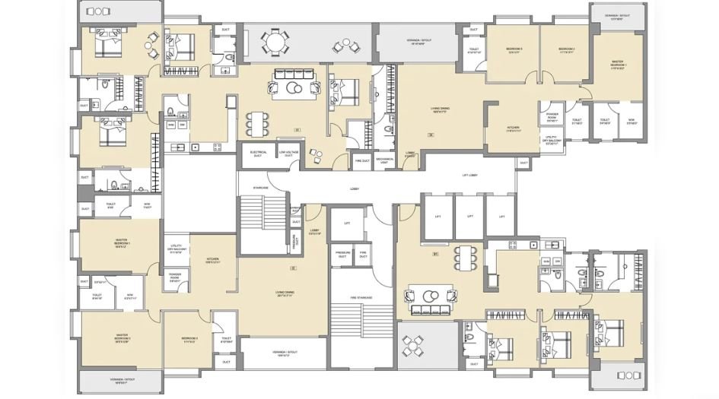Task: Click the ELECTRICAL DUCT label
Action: coord(257,153)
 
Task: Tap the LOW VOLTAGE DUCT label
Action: coord(287,153)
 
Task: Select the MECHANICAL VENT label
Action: coord(384,160)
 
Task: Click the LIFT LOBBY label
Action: coord(470,176)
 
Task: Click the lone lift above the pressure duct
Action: coord(347,223)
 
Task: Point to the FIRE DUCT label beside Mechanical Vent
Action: coord(362,160)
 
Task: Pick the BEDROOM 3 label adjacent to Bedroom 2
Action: coord(514,50)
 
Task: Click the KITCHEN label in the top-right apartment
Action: coord(513,130)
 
